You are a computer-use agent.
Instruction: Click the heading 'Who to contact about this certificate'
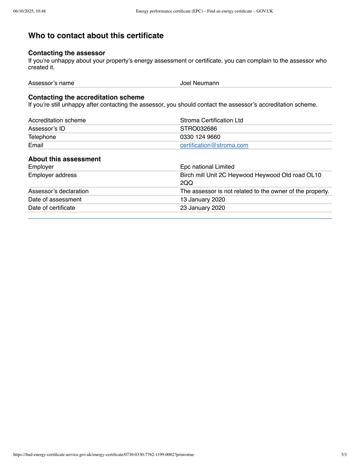[96, 36]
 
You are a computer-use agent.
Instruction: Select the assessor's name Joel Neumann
[199, 83]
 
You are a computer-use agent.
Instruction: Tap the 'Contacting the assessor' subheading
[67, 53]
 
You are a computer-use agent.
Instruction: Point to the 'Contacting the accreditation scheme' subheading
[86, 97]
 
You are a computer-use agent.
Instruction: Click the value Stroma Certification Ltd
[211, 120]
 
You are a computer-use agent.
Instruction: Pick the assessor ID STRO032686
[199, 129]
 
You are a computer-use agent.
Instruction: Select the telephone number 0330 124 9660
[200, 137]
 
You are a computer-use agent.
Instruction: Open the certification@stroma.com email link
[214, 145]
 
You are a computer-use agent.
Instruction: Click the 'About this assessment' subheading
[64, 159]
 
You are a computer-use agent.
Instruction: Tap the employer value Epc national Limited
[207, 167]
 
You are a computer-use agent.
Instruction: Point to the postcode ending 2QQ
[187, 183]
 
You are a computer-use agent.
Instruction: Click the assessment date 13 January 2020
[202, 200]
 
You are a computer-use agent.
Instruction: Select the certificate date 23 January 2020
[202, 208]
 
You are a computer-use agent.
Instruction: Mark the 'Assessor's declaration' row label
[58, 191]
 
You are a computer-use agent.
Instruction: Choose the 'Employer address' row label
[52, 175]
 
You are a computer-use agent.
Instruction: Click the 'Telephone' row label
[42, 137]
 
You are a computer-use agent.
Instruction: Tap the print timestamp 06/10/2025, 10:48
[29, 11]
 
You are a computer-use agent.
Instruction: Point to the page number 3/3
[344, 455]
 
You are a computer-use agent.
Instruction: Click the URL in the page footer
[103, 455]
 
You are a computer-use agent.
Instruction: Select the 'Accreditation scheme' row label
[57, 120]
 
